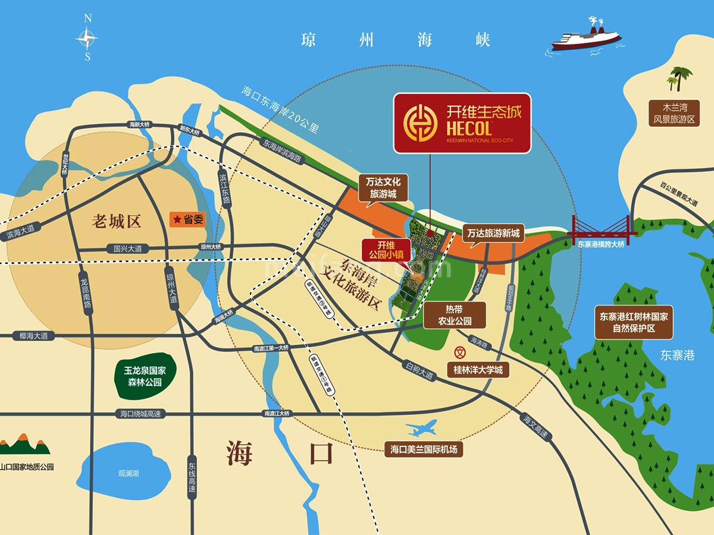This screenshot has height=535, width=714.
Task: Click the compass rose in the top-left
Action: point(87,38)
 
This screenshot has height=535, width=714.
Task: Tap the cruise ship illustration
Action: point(586,36)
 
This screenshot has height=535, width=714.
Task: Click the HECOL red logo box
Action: point(462,123)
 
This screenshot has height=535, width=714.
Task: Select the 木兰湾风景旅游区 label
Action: point(675,114)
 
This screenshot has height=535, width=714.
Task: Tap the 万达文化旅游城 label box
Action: point(383,187)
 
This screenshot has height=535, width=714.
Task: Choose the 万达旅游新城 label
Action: point(493,234)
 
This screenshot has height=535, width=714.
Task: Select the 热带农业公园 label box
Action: point(455,315)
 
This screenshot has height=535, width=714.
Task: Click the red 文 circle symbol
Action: point(459,352)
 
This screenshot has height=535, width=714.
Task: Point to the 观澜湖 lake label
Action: point(128,473)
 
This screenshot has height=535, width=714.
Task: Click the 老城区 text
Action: point(117,222)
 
